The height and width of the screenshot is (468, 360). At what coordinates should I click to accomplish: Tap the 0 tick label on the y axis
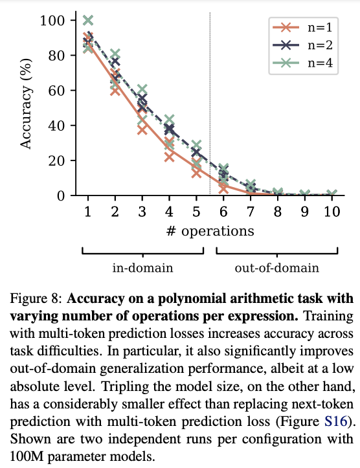(x=60, y=195)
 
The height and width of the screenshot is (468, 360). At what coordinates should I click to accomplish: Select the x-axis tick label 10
(x=331, y=212)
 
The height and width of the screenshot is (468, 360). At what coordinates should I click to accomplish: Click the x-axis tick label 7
(x=250, y=212)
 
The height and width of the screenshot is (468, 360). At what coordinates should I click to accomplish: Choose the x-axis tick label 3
(x=142, y=212)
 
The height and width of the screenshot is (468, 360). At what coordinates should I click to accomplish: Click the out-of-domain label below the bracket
(x=277, y=267)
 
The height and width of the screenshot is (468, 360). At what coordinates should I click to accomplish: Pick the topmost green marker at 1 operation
(x=88, y=21)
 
